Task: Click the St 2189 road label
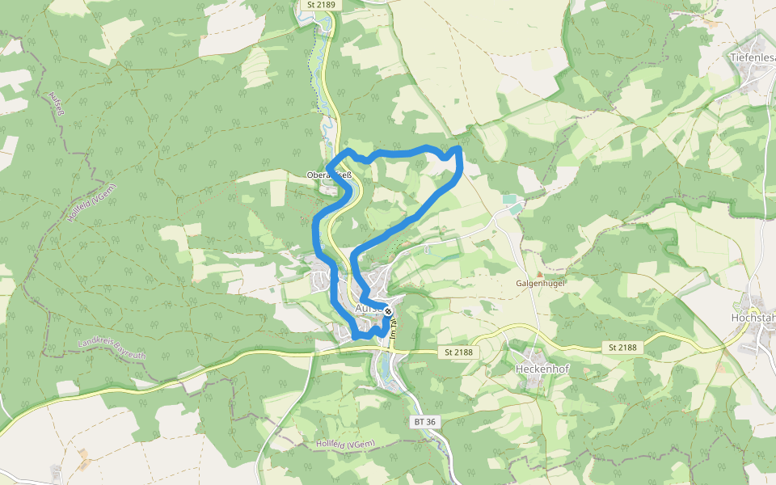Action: [321, 5]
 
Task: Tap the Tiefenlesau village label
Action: [751, 58]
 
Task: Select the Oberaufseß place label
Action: [329, 175]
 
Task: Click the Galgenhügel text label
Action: [540, 284]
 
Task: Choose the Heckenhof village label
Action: [540, 369]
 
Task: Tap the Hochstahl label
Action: [753, 318]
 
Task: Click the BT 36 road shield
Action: [424, 422]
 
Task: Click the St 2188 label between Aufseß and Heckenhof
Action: [458, 352]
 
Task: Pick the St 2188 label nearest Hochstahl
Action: [622, 348]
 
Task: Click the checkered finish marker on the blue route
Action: [388, 311]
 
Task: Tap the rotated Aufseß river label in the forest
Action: [56, 106]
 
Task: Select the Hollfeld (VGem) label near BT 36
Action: [345, 444]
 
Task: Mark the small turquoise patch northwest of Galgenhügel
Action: [509, 199]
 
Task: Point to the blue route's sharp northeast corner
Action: [459, 149]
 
